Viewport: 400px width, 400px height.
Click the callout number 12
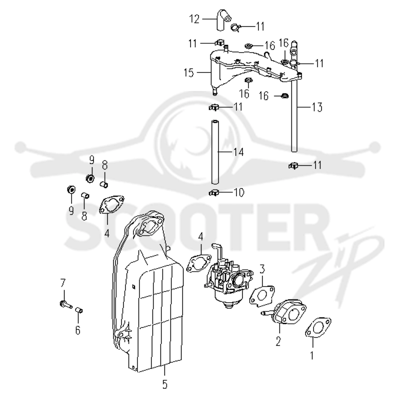(x=194, y=19)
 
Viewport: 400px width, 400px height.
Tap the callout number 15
(x=189, y=72)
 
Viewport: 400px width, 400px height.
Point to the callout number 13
(x=317, y=107)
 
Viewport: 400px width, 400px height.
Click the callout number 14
(x=238, y=152)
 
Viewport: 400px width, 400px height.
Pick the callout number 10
(x=239, y=192)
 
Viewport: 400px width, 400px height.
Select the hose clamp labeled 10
(x=213, y=192)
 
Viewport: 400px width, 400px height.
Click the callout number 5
(x=165, y=384)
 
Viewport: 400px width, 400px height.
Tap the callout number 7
(x=63, y=283)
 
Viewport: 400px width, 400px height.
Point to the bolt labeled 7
(x=66, y=304)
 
